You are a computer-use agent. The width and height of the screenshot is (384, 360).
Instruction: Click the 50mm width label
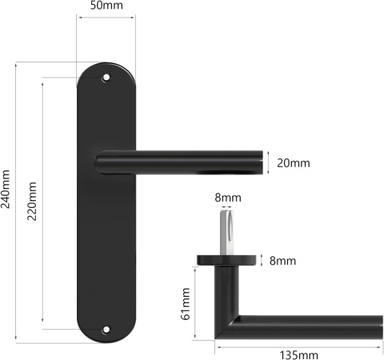[x=106, y=6]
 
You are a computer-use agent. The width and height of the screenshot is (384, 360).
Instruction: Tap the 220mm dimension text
[x=33, y=204]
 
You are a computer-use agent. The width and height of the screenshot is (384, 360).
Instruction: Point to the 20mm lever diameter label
[x=293, y=163]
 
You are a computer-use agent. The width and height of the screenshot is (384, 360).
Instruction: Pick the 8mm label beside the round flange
[x=282, y=261]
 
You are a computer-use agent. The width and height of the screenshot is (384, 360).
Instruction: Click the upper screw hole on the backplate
[x=106, y=78]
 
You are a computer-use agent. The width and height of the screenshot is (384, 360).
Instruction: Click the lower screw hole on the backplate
[x=106, y=328]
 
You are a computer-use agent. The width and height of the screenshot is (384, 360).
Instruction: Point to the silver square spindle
[x=227, y=232]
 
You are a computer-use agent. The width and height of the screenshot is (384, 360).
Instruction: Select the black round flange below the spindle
[x=227, y=260]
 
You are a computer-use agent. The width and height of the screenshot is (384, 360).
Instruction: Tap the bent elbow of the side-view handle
[x=230, y=324]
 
